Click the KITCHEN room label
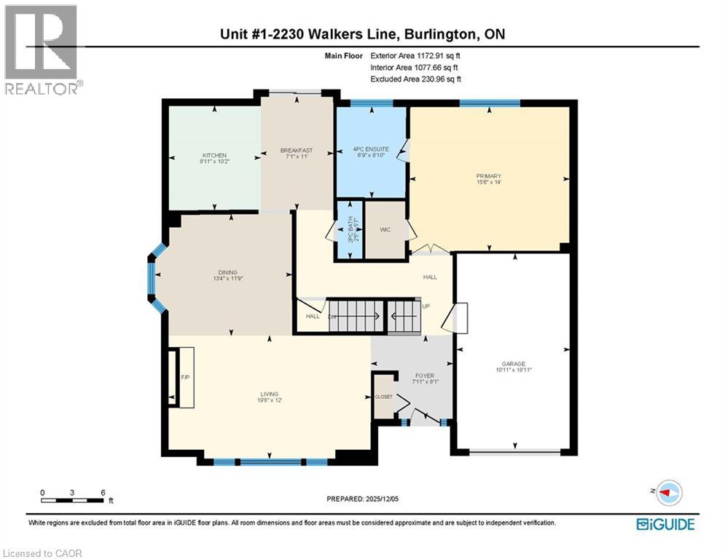(214, 156)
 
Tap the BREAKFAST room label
(297, 151)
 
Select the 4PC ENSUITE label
(372, 149)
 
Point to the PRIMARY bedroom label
(489, 176)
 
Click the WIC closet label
(385, 230)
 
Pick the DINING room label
(227, 273)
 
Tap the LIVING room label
(270, 395)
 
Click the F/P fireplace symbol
(184, 377)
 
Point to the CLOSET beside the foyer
(383, 397)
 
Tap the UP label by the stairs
(426, 306)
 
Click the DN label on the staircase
(332, 317)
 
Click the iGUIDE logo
(665, 523)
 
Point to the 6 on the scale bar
(102, 492)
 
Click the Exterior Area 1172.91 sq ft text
(416, 55)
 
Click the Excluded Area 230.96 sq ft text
(416, 79)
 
